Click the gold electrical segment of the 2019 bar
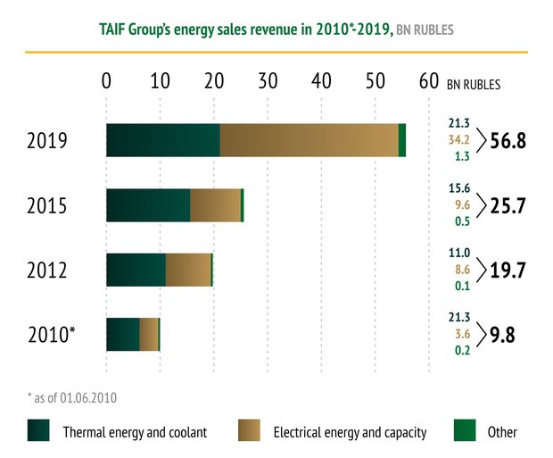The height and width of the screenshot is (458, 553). click(x=309, y=141)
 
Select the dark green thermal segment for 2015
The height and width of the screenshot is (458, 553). click(x=148, y=205)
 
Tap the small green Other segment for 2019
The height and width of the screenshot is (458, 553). click(x=402, y=141)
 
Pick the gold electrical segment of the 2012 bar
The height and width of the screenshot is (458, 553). click(x=188, y=270)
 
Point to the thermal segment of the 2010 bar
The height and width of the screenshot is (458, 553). click(x=123, y=334)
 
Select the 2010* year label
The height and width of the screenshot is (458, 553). click(x=50, y=335)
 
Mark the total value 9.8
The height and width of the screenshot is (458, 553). click(x=503, y=335)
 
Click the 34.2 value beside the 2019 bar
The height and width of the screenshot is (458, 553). click(x=459, y=141)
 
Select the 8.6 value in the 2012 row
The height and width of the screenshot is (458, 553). click(x=461, y=270)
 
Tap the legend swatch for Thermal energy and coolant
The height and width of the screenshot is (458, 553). click(x=38, y=431)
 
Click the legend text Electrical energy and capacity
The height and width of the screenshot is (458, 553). click(x=350, y=432)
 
